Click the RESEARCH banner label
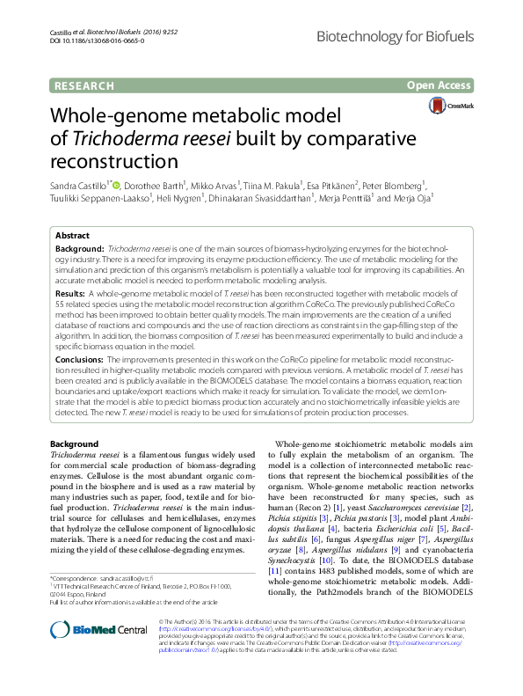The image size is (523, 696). tap(84, 85)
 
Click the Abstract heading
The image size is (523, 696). tap(72, 237)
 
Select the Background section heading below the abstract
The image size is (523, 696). tap(74, 443)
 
